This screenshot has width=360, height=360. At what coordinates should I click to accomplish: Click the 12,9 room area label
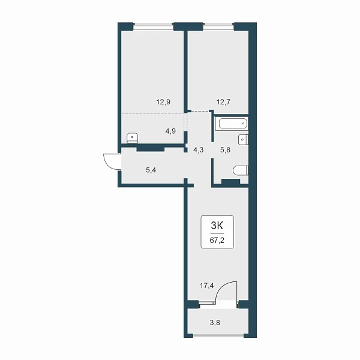tap(163, 102)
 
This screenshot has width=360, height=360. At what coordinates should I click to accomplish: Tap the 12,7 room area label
tap(223, 102)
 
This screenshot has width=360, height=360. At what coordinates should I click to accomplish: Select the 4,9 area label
tap(170, 131)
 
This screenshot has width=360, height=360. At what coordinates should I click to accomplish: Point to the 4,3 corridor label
tap(199, 150)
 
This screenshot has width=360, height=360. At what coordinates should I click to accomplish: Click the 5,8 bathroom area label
tap(225, 150)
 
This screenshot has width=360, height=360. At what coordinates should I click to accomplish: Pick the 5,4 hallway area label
tap(151, 170)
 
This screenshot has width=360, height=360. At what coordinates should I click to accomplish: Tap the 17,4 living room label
tap(206, 286)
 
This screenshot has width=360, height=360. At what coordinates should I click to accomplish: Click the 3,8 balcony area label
tap(215, 323)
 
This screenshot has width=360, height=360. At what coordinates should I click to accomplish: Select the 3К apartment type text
tap(217, 226)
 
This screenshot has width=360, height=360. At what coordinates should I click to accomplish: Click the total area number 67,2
tap(217, 241)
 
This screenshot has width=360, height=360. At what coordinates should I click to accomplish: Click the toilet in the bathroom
tap(241, 170)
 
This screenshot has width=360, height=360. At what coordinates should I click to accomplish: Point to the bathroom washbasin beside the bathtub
tap(243, 140)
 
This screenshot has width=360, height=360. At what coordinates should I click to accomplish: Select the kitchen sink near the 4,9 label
tap(132, 138)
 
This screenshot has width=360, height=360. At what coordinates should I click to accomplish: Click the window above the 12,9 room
tap(154, 26)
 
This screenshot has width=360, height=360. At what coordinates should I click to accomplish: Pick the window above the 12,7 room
tap(218, 26)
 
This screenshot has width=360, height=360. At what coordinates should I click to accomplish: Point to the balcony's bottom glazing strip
tap(218, 335)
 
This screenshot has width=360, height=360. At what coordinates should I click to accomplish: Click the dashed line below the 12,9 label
tap(153, 113)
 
